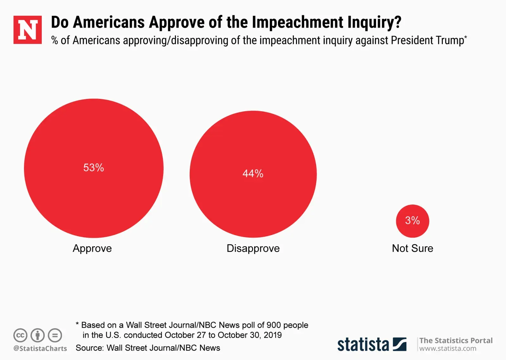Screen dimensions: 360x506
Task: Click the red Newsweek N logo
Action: (x=28, y=30)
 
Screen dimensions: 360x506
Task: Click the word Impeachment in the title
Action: (x=297, y=22)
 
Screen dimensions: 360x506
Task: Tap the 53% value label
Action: (x=94, y=168)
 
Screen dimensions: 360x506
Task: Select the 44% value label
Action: (x=253, y=174)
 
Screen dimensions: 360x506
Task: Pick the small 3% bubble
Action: (x=412, y=221)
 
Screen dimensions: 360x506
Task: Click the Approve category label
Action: (x=92, y=248)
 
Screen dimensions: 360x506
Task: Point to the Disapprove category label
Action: (x=253, y=248)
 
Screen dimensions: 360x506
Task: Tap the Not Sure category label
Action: (x=412, y=248)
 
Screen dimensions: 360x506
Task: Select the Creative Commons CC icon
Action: (x=20, y=335)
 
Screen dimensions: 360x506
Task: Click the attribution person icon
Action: (x=38, y=335)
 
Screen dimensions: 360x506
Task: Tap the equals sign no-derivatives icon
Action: (x=55, y=335)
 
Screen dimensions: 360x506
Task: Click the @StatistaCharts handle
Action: (x=40, y=348)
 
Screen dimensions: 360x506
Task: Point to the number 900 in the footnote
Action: (x=274, y=325)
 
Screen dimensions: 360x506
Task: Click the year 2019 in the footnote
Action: (x=273, y=335)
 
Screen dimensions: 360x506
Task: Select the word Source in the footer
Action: (x=89, y=348)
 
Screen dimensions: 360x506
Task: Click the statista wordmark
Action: (x=363, y=345)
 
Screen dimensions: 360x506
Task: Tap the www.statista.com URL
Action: (x=447, y=349)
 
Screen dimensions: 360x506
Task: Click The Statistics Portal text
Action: (x=456, y=340)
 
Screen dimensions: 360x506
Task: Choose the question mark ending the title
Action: (x=398, y=22)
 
